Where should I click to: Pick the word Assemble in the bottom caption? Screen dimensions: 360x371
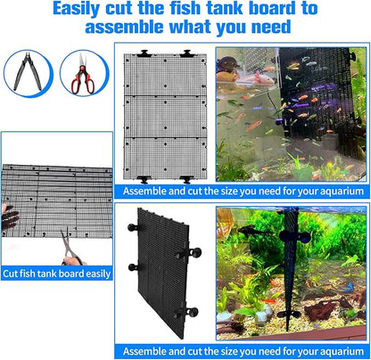pos(146,348)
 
